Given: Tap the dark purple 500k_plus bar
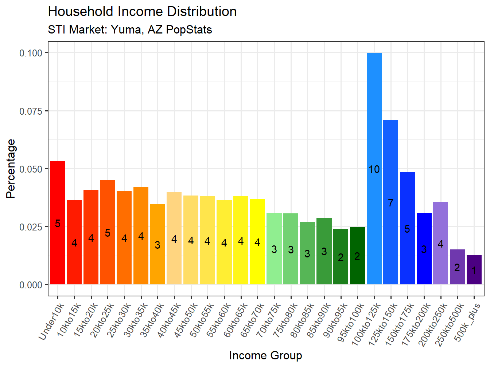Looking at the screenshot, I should coord(474,277).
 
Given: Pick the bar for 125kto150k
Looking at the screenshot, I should coord(390,164).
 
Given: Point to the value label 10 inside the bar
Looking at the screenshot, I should coord(374,169).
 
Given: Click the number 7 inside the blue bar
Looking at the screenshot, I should coord(390,203).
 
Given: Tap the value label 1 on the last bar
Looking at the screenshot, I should coord(474,271).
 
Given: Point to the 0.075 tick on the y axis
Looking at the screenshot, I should coord(31,111).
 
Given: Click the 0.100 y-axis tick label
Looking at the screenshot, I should coord(31,53).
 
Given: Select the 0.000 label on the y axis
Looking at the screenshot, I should coord(31,285).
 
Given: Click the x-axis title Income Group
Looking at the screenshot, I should coord(265,355).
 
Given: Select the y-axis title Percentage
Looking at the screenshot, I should coord(11,169).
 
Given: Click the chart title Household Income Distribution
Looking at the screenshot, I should coord(142,12).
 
